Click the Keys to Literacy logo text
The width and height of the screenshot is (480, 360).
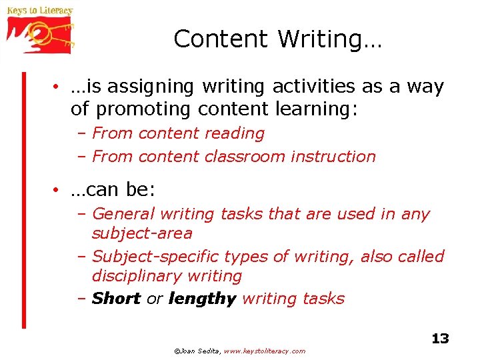(x=39, y=11)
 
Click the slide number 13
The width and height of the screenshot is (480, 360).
(x=440, y=339)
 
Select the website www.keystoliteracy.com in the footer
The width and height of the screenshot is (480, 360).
(x=265, y=351)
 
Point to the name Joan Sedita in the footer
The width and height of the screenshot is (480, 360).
(x=199, y=351)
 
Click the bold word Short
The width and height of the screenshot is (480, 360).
(x=116, y=299)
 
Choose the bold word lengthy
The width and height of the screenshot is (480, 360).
(x=202, y=299)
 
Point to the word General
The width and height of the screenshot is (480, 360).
(x=120, y=214)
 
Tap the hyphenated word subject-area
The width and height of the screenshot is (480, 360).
(x=142, y=233)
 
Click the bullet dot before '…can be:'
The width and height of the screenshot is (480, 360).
(x=59, y=191)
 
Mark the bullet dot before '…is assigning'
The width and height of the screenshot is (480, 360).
(x=59, y=87)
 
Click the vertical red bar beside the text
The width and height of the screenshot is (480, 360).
(x=23, y=200)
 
